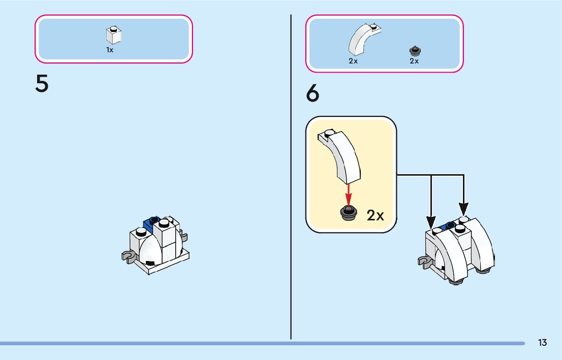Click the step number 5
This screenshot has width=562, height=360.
coord(42,84)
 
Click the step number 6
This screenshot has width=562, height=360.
coord(313,94)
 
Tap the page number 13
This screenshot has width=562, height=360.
coord(542,343)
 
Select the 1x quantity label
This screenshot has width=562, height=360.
coord(110,50)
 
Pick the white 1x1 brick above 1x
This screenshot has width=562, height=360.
coord(114,35)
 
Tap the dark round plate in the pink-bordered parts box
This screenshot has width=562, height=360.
coord(415,50)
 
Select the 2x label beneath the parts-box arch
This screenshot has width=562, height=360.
coord(353,61)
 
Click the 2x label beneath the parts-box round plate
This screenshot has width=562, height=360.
coord(414,61)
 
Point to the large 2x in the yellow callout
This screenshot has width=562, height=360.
coord(375,215)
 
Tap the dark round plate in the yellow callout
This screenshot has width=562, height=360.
coord(349,213)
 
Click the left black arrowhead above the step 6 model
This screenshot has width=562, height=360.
coord(431,221)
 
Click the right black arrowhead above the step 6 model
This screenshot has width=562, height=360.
coord(463,208)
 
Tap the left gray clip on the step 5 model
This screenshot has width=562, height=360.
coord(128,255)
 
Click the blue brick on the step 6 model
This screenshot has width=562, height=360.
coord(449,225)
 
